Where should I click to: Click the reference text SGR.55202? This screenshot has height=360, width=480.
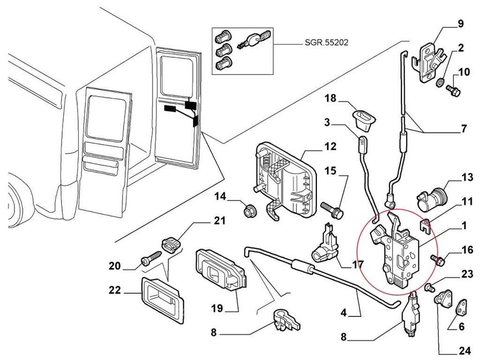[326, 43]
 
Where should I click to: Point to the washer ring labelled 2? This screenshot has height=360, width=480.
[441, 82]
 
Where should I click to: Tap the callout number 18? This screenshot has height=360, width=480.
[330, 98]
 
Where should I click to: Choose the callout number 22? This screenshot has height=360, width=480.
[115, 291]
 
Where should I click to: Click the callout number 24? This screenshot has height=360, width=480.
[465, 351]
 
